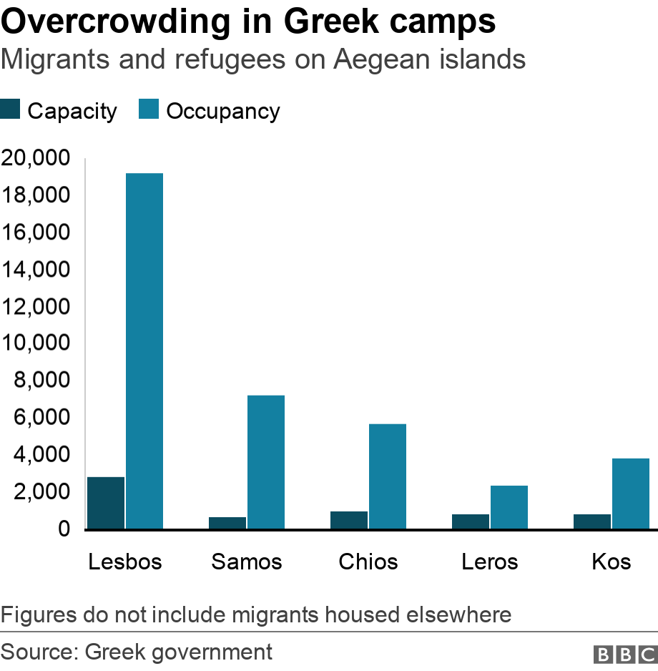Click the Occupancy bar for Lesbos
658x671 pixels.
point(144,351)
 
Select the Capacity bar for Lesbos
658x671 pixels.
point(106,503)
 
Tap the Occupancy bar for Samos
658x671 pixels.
point(266,462)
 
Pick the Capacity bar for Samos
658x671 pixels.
point(227,523)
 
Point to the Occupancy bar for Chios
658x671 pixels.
point(388,476)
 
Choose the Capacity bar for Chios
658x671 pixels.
point(349,520)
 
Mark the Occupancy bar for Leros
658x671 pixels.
point(509,507)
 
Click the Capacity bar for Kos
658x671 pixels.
point(592,521)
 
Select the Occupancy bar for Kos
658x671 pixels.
point(631,494)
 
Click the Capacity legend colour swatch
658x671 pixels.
point(11,110)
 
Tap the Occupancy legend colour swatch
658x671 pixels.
point(149,110)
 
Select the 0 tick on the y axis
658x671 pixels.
point(63,529)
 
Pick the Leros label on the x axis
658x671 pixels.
point(490,562)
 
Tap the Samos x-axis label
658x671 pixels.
point(247,562)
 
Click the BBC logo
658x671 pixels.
point(624,654)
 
